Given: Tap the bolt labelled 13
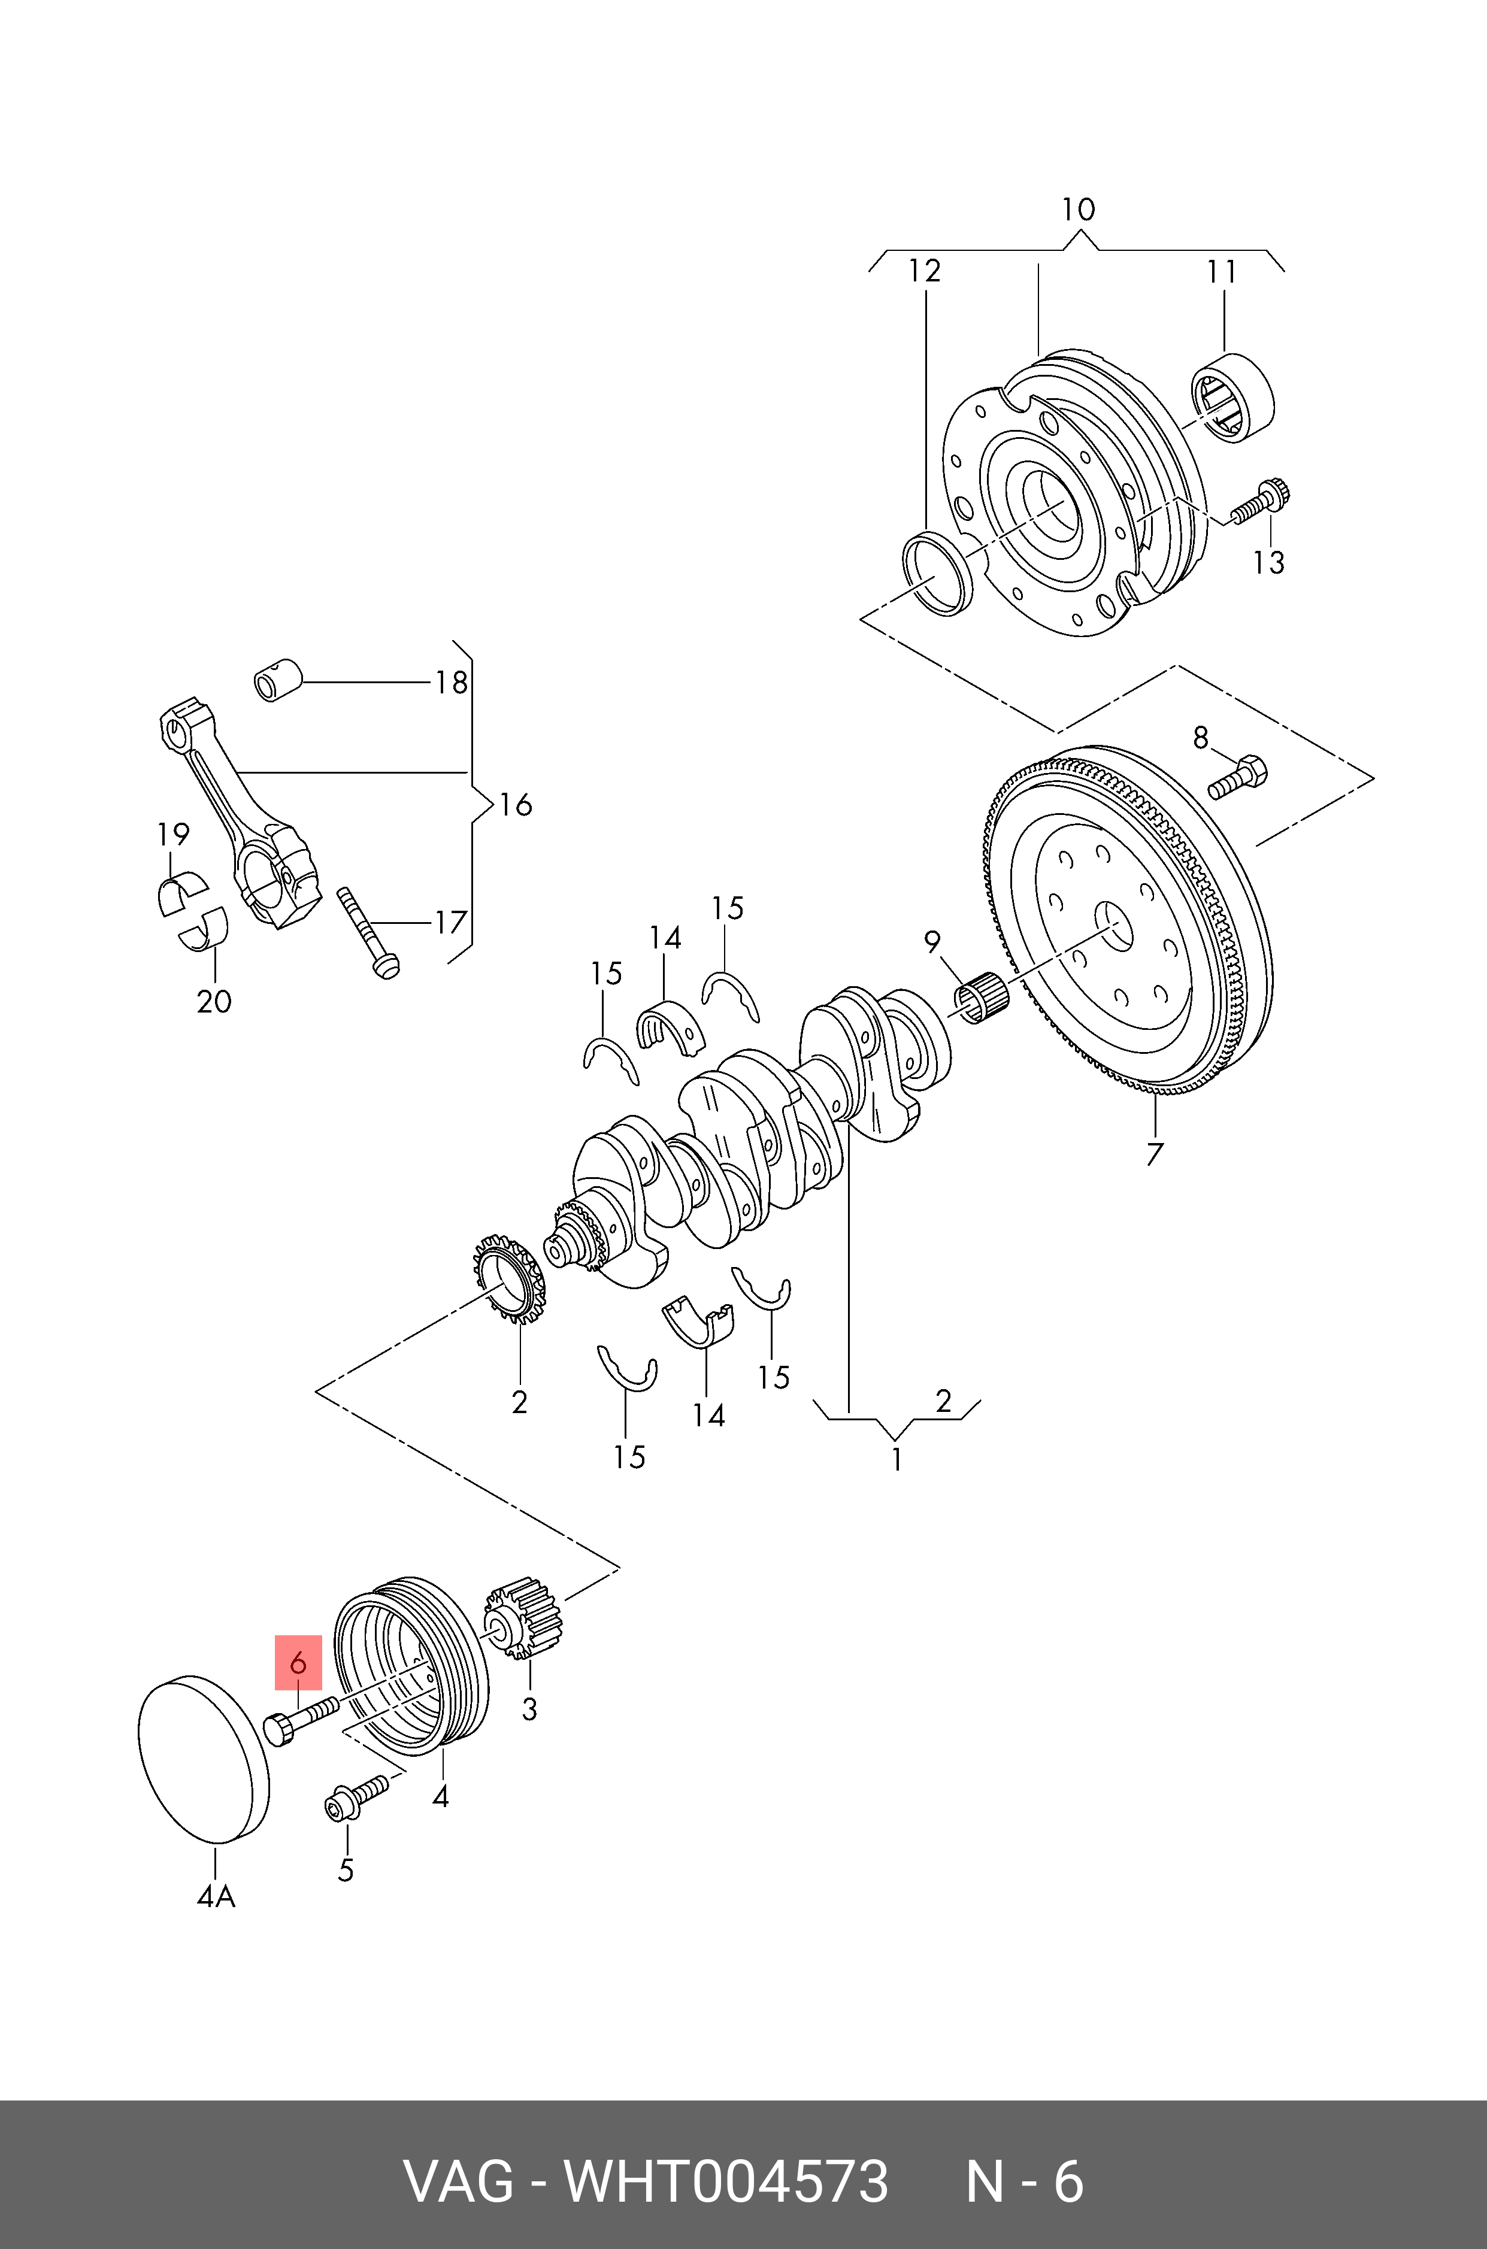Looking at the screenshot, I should [1261, 502].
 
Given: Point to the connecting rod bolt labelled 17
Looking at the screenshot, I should [367, 934].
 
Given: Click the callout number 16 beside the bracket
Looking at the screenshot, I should [516, 805].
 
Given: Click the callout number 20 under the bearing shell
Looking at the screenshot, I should [214, 1001].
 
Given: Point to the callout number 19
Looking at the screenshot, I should [174, 834].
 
